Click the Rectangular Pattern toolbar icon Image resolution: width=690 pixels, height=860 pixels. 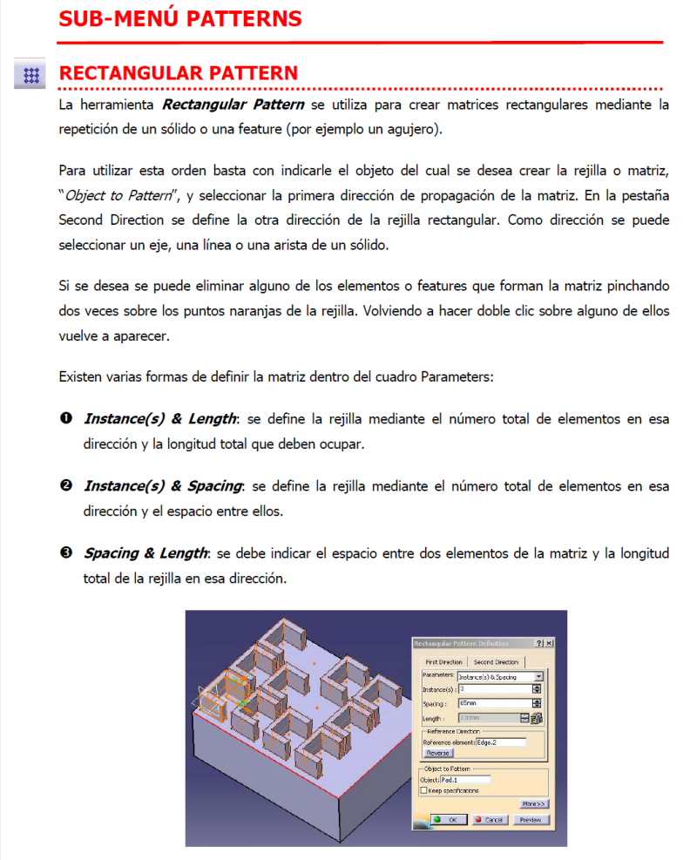point(31,75)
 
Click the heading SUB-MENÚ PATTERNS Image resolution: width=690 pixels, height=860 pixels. point(180,17)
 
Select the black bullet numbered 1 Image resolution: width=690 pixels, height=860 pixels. point(65,419)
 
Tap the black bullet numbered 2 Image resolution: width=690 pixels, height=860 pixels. point(65,486)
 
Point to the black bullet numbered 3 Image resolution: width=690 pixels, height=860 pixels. point(65,553)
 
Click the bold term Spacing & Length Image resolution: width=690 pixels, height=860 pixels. point(145,553)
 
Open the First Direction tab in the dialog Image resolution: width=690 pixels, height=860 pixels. point(444,662)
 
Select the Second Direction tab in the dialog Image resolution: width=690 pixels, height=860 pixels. point(496,662)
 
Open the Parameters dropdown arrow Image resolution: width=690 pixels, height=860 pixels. point(538,676)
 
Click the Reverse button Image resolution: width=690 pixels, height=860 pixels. point(437,752)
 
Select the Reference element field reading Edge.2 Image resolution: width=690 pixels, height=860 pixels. point(500,742)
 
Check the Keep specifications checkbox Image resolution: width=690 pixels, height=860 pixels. point(424,790)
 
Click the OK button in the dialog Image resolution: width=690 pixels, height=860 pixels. point(445,820)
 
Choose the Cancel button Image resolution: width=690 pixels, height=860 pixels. point(490,820)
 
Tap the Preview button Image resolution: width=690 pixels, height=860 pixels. point(531,820)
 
